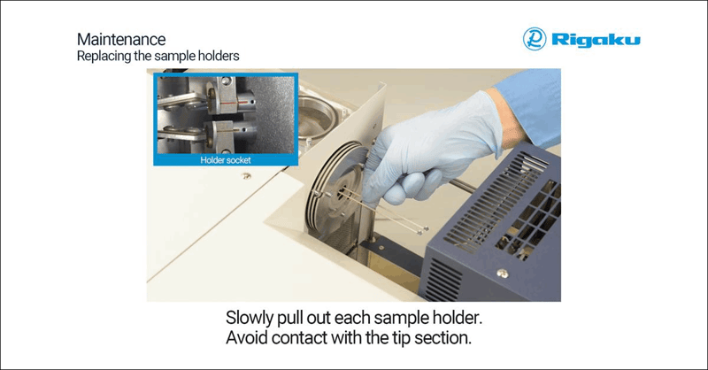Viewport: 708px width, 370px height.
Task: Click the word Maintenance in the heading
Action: pos(121,40)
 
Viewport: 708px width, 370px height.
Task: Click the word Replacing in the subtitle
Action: pos(100,56)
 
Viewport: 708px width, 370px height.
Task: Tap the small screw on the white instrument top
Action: pos(244,176)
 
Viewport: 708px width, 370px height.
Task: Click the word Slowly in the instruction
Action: pos(255,318)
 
